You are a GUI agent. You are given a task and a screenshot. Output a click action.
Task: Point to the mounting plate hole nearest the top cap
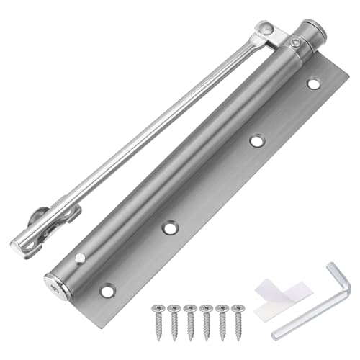[312, 84]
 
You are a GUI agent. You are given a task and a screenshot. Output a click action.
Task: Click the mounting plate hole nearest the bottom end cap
[107, 291]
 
